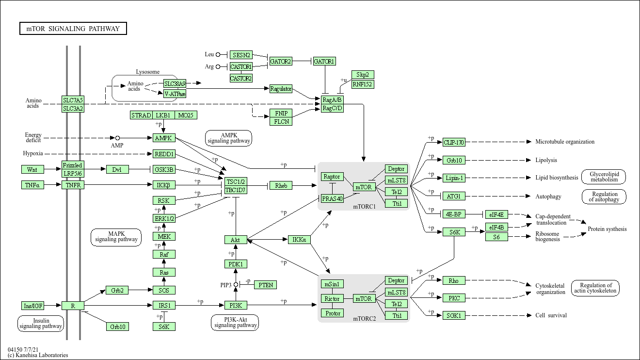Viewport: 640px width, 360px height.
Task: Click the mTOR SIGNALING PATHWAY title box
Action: (x=73, y=29)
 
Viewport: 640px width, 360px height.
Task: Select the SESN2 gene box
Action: (x=241, y=55)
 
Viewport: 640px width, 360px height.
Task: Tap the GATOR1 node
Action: (x=324, y=61)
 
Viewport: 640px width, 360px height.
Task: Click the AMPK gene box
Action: (x=164, y=138)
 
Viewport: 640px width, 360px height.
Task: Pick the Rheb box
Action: (x=281, y=185)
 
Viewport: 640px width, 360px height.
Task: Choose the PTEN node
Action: (x=265, y=285)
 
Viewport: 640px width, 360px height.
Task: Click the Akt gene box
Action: (x=235, y=240)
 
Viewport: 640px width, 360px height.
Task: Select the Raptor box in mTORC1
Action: (x=332, y=177)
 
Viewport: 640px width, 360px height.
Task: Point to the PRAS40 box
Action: (x=332, y=198)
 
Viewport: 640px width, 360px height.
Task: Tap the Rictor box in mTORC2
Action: (x=332, y=298)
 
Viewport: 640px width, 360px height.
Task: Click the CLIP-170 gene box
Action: (x=454, y=142)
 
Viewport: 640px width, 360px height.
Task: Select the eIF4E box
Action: (x=496, y=214)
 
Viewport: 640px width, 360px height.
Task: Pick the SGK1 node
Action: (x=454, y=315)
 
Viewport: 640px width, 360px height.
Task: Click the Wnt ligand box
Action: (x=32, y=169)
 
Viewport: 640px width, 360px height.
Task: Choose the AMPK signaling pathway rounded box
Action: (x=229, y=138)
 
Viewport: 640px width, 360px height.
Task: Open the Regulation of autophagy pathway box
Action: (x=604, y=196)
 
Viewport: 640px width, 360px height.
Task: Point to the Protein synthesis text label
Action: (x=607, y=229)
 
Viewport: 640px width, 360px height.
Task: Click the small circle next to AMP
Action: (x=117, y=138)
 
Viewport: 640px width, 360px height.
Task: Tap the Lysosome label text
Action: (x=147, y=72)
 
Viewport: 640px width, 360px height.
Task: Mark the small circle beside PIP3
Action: (x=236, y=285)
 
